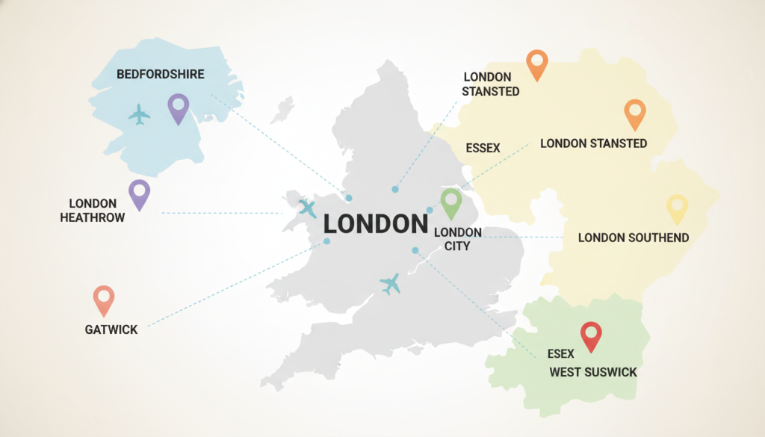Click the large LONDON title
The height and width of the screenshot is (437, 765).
(376, 224)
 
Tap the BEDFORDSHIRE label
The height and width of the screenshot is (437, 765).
(161, 74)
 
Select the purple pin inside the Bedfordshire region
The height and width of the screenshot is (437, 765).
(178, 108)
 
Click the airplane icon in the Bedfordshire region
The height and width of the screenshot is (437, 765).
(139, 114)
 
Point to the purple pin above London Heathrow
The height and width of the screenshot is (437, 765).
(139, 193)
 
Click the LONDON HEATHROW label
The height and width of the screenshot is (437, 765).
(93, 211)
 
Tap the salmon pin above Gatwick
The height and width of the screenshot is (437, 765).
(104, 300)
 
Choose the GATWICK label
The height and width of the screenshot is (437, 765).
(111, 329)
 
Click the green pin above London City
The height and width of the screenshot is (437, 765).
(451, 202)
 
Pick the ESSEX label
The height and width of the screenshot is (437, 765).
(483, 148)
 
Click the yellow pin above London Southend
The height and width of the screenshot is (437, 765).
(676, 208)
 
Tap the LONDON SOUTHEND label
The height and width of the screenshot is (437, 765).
(634, 238)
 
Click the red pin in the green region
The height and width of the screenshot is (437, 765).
(591, 335)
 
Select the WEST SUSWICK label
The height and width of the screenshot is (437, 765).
(593, 371)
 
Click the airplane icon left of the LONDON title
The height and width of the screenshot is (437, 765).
(308, 208)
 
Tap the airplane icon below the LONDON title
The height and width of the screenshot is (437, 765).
(390, 283)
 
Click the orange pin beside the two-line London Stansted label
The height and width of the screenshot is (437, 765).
(537, 64)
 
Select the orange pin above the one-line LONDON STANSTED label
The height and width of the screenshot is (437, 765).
(634, 114)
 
